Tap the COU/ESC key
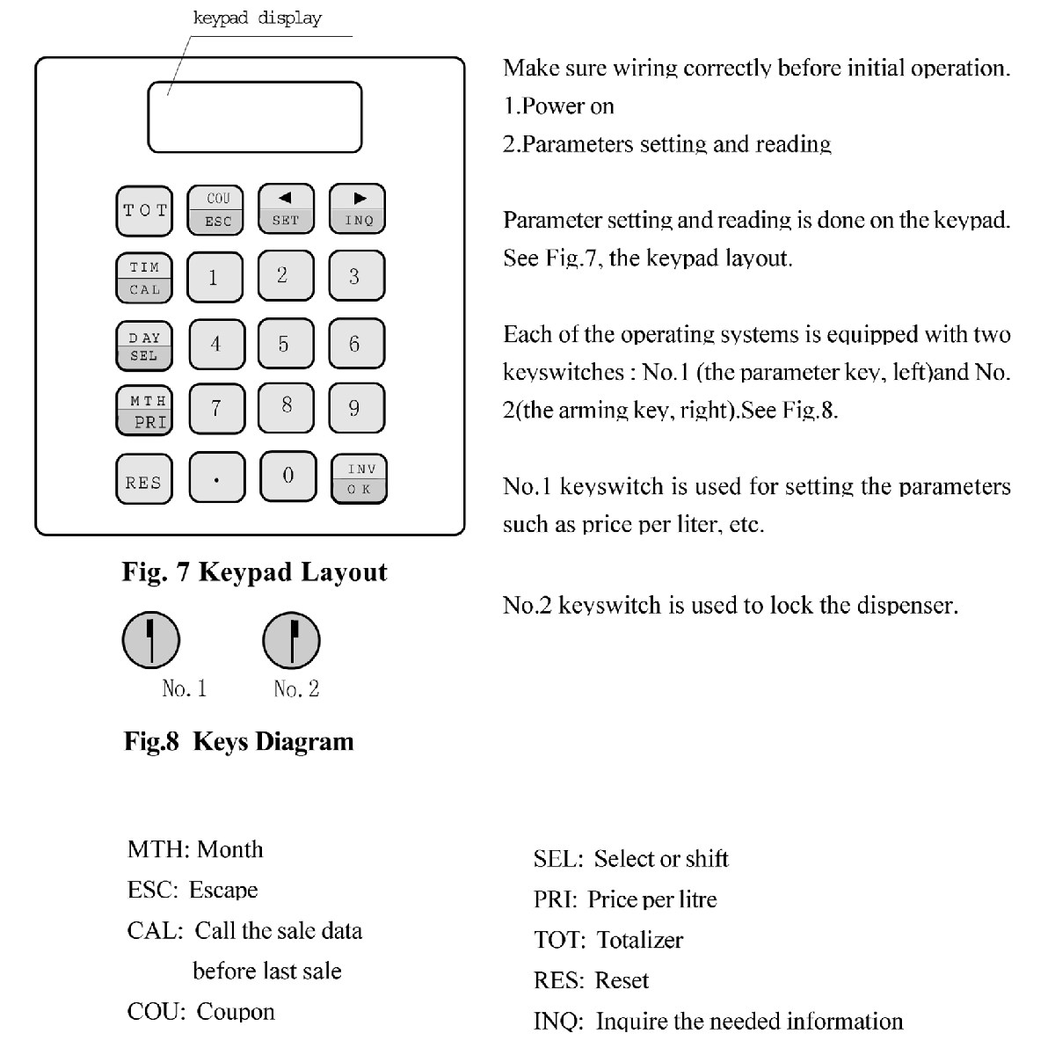tap(216, 210)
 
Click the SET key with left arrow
tap(286, 210)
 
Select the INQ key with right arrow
tap(357, 210)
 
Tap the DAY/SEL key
tap(144, 346)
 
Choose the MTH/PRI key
tap(144, 411)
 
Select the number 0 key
tap(287, 477)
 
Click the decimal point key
tap(216, 479)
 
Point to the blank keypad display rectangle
tap(255, 118)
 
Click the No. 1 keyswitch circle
tap(151, 640)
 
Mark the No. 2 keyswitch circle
tap(292, 640)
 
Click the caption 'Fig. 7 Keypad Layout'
tap(254, 572)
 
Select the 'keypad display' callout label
tap(257, 18)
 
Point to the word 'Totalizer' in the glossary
tap(639, 940)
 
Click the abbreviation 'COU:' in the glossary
tap(156, 1012)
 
